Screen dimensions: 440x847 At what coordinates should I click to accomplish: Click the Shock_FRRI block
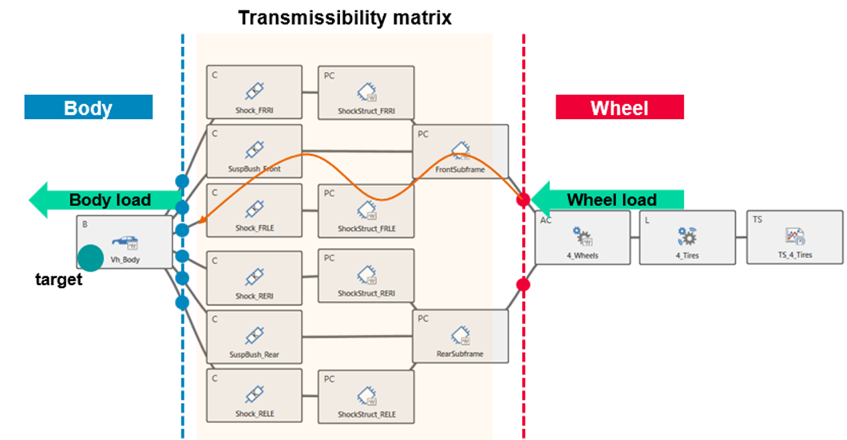[x=255, y=91]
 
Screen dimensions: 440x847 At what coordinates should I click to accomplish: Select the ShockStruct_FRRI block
[x=366, y=91]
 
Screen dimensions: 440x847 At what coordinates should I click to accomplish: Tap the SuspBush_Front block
[x=255, y=149]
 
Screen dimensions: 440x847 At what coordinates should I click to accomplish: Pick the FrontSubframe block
[x=461, y=151]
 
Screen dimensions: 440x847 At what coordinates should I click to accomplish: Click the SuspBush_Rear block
[x=255, y=335]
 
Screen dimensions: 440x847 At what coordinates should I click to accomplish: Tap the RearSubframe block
[x=461, y=335]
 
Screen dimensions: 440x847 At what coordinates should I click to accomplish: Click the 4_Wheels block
[x=585, y=237]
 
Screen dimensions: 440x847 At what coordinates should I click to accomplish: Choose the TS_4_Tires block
[x=794, y=237]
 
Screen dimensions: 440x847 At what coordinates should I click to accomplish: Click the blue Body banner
[x=88, y=108]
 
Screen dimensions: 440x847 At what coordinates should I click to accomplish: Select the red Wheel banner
[x=619, y=108]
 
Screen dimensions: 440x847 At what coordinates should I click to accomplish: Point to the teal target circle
[x=91, y=256]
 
